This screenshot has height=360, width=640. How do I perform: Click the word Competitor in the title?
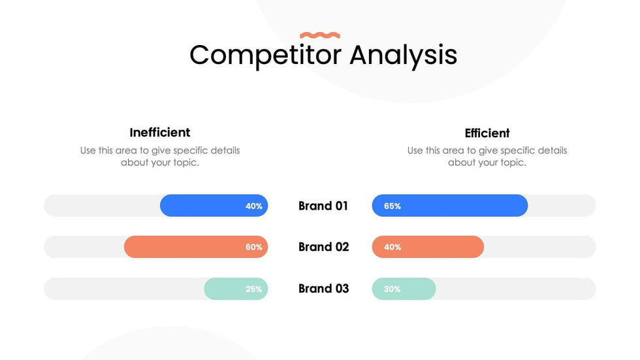(x=265, y=55)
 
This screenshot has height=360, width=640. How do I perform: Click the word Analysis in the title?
(x=403, y=55)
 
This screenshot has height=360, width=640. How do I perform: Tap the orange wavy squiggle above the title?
(x=320, y=35)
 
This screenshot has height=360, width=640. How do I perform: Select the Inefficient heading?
(x=160, y=133)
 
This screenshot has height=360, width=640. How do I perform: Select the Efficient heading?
(x=487, y=133)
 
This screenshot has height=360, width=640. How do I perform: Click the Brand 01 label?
(x=323, y=206)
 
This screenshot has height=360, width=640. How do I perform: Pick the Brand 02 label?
(x=323, y=247)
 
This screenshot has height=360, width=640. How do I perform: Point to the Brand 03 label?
(x=323, y=289)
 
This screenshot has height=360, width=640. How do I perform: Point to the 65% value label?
(x=392, y=206)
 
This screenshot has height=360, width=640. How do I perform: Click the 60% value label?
(x=254, y=248)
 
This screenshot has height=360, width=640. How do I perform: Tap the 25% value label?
(x=254, y=289)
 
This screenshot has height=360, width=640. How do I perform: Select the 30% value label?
(x=392, y=289)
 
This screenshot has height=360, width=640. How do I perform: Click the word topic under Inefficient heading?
(x=184, y=163)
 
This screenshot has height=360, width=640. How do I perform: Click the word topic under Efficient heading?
(x=511, y=163)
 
